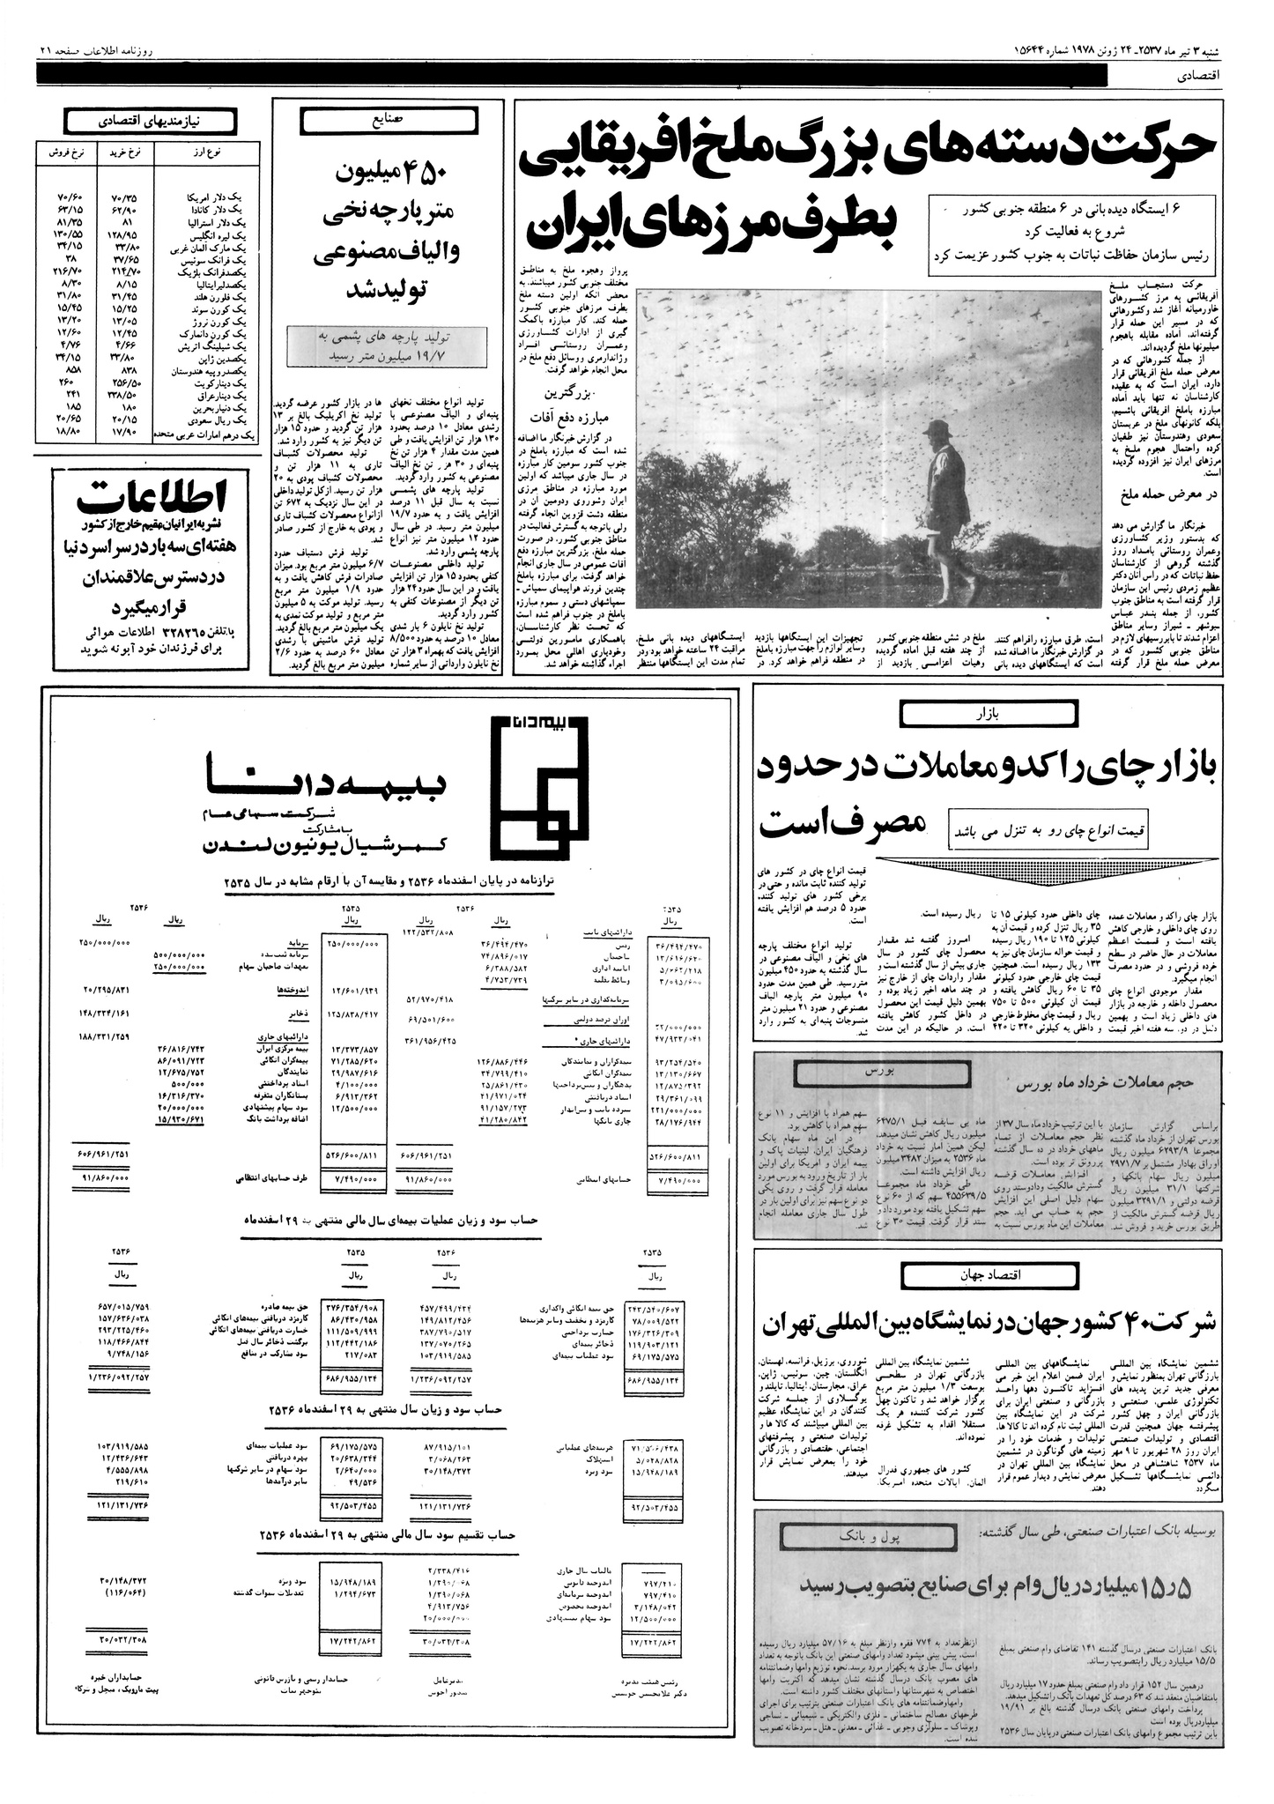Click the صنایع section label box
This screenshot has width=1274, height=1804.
click(x=389, y=117)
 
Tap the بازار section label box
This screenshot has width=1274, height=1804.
click(x=987, y=714)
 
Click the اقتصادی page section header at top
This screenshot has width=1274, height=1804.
click(x=1197, y=76)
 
